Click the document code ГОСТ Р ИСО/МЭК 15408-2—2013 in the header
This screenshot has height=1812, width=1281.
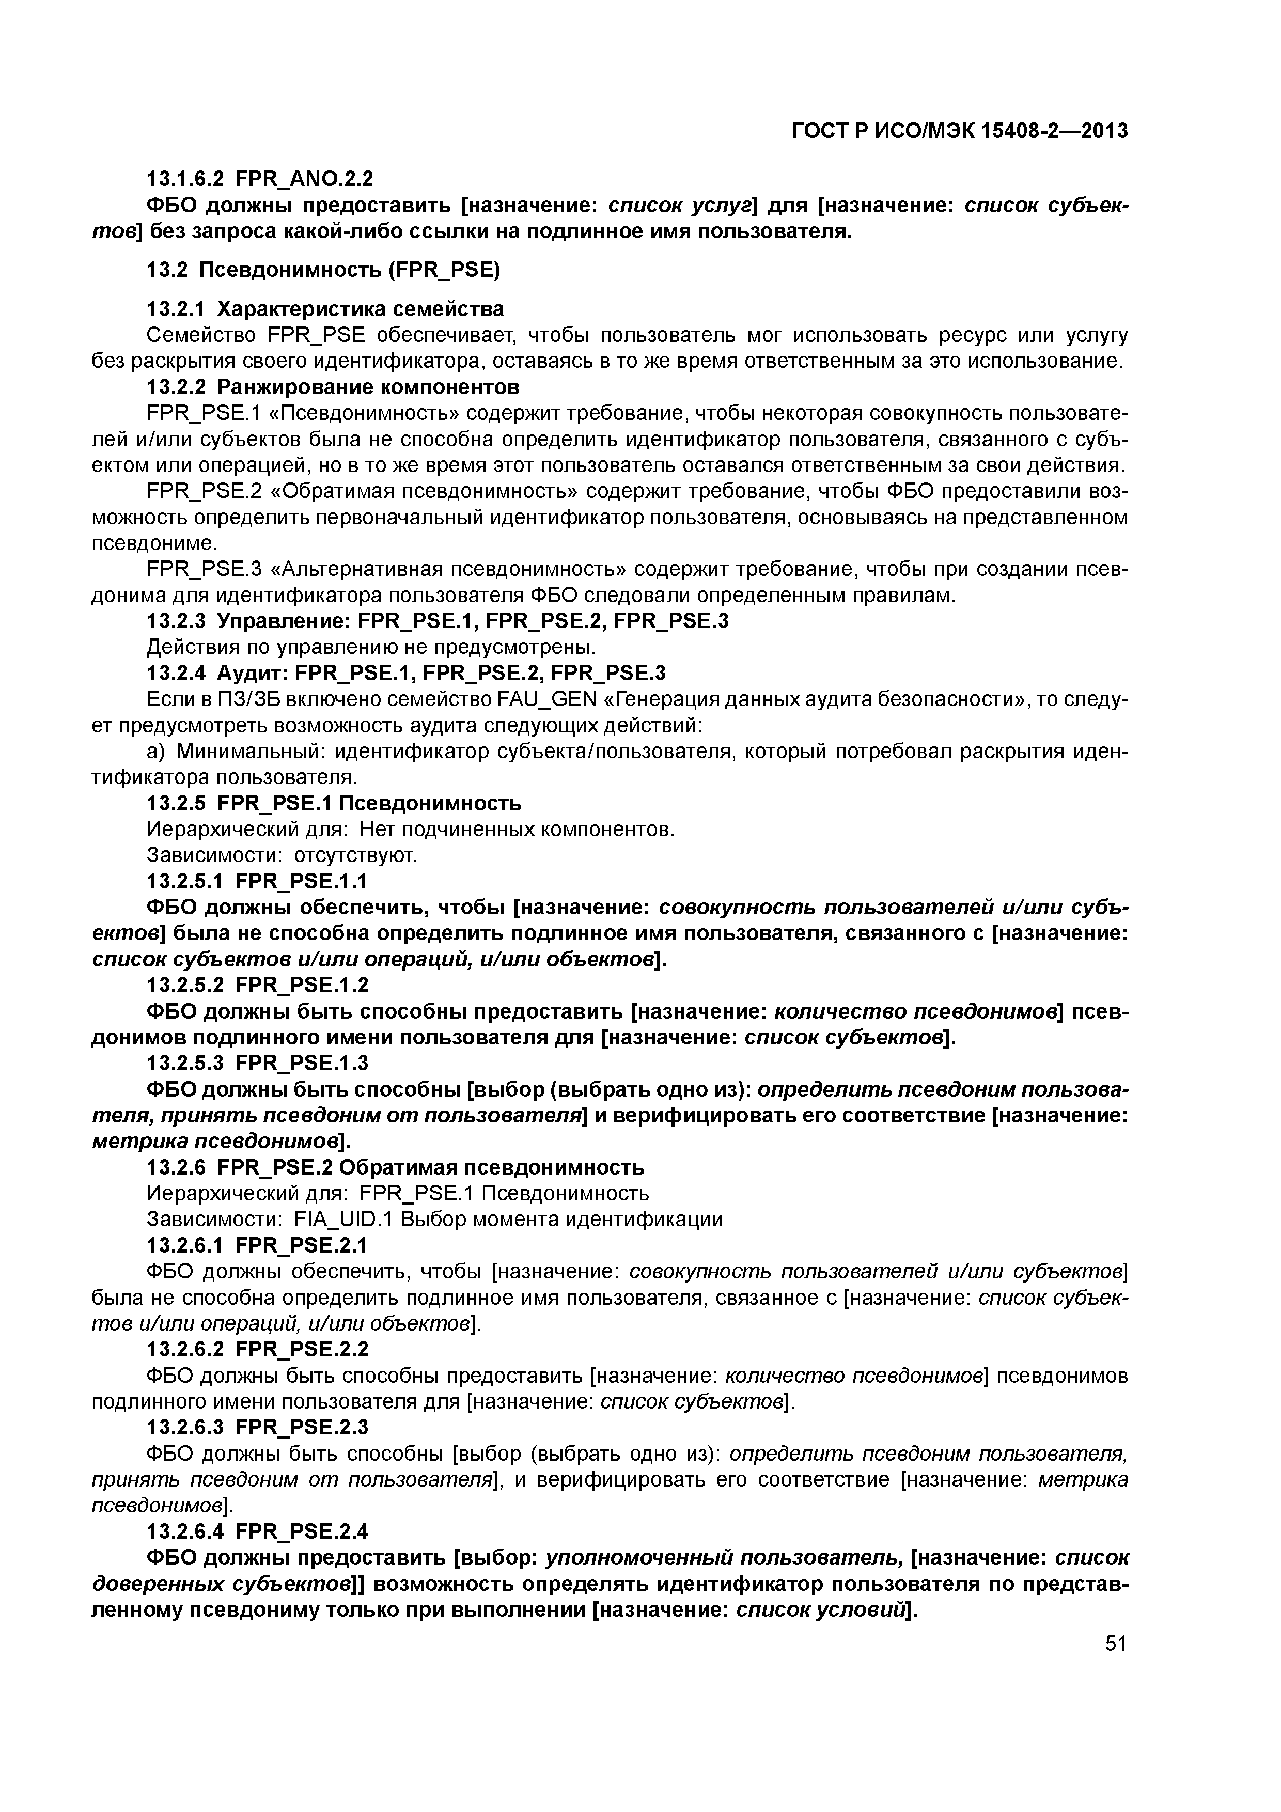959,131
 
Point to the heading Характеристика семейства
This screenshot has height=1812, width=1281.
360,308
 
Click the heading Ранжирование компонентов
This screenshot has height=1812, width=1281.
368,387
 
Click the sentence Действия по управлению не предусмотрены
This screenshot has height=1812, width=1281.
371,647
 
